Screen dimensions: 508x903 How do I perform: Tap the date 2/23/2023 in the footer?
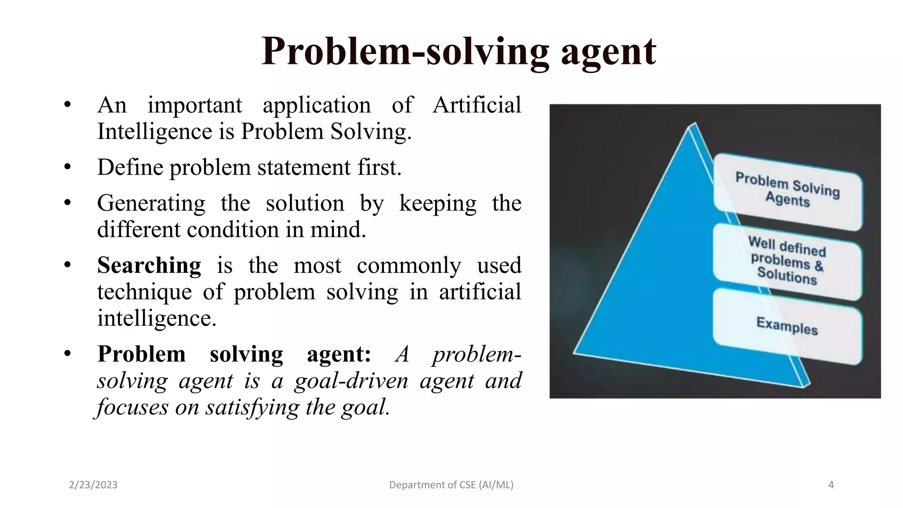(x=93, y=485)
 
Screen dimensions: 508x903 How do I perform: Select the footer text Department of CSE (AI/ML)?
(x=451, y=485)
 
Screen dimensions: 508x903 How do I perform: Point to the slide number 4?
(x=831, y=485)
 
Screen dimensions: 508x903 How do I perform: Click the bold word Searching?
(x=149, y=265)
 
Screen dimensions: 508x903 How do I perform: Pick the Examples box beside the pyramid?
(x=787, y=326)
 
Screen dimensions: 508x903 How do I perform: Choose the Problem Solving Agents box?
(x=787, y=190)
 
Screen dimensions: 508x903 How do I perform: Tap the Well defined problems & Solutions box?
(x=787, y=261)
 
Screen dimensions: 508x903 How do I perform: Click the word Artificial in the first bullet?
(x=477, y=105)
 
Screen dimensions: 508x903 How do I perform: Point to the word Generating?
(x=151, y=204)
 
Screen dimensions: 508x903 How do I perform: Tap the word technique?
(x=144, y=292)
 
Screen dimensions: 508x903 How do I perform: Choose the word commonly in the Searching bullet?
(x=409, y=265)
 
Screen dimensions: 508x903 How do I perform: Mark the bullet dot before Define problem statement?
(x=67, y=168)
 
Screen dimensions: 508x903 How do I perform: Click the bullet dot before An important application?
(x=67, y=105)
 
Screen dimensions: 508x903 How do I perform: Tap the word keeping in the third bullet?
(x=437, y=204)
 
